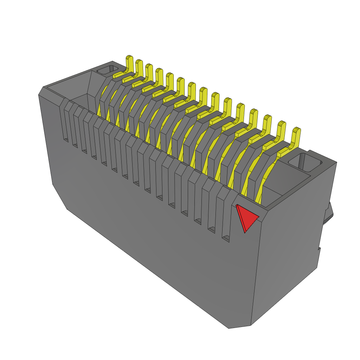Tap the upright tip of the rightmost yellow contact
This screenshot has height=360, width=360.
pyautogui.click(x=296, y=135)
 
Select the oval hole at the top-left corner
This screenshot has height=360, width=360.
pyautogui.click(x=108, y=70)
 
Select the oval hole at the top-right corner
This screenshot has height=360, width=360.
pyautogui.click(x=305, y=162)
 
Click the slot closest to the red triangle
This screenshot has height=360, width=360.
pyautogui.click(x=226, y=218)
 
